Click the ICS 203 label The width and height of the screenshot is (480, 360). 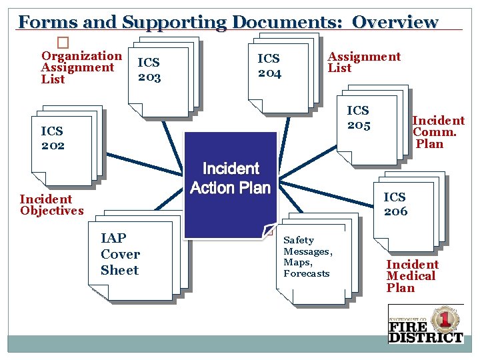[x=149, y=69]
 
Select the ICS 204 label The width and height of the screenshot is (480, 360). [x=269, y=66]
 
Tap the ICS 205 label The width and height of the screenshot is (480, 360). [x=358, y=117]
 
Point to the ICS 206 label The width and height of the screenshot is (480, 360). [x=395, y=204]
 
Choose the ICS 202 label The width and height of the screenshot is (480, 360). [x=53, y=138]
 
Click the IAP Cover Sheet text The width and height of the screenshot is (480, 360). [x=120, y=254]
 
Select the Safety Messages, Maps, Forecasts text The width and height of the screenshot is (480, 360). [x=307, y=257]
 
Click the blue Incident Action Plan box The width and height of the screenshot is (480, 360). [x=230, y=180]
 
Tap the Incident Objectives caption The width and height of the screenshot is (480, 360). [x=51, y=205]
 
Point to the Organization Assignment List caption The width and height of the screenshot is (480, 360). [x=81, y=67]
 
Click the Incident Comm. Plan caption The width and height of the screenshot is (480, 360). [x=437, y=132]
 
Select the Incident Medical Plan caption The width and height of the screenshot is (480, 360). [x=412, y=276]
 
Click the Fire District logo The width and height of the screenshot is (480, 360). [x=425, y=324]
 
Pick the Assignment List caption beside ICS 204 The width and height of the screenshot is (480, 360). [x=364, y=62]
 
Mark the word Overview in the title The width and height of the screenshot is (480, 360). [x=395, y=22]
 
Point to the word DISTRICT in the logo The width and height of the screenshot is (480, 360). [x=425, y=337]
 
